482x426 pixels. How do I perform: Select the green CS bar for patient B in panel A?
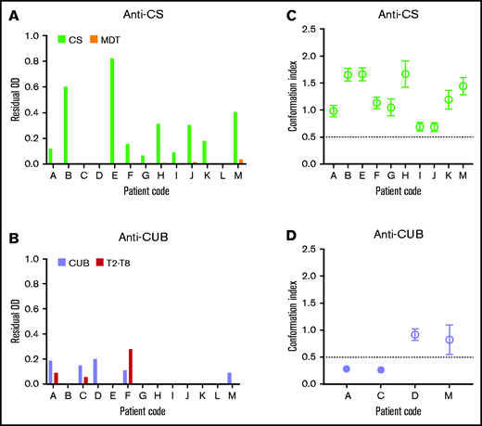(x=65, y=125)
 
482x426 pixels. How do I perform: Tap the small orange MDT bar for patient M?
(x=241, y=161)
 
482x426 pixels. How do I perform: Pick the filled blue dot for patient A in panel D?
(x=320, y=368)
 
